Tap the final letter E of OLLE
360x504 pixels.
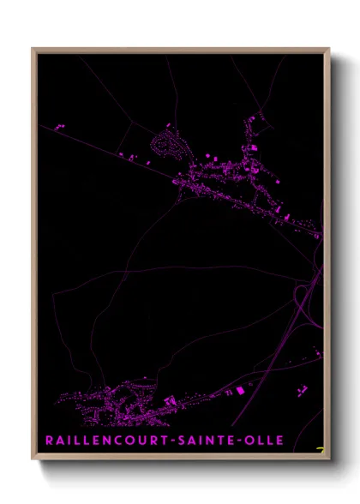pyautogui.click(x=279, y=441)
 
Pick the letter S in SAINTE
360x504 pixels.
pyautogui.click(x=170, y=441)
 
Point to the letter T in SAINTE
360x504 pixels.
pyautogui.click(x=213, y=441)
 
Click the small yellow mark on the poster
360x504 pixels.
pyautogui.click(x=320, y=448)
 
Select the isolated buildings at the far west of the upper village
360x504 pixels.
pyautogui.click(x=61, y=127)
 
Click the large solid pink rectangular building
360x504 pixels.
pyautogui.click(x=240, y=391)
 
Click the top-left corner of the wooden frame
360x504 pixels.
pyautogui.click(x=33, y=49)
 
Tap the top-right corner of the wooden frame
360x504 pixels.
pyautogui.click(x=328, y=49)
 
